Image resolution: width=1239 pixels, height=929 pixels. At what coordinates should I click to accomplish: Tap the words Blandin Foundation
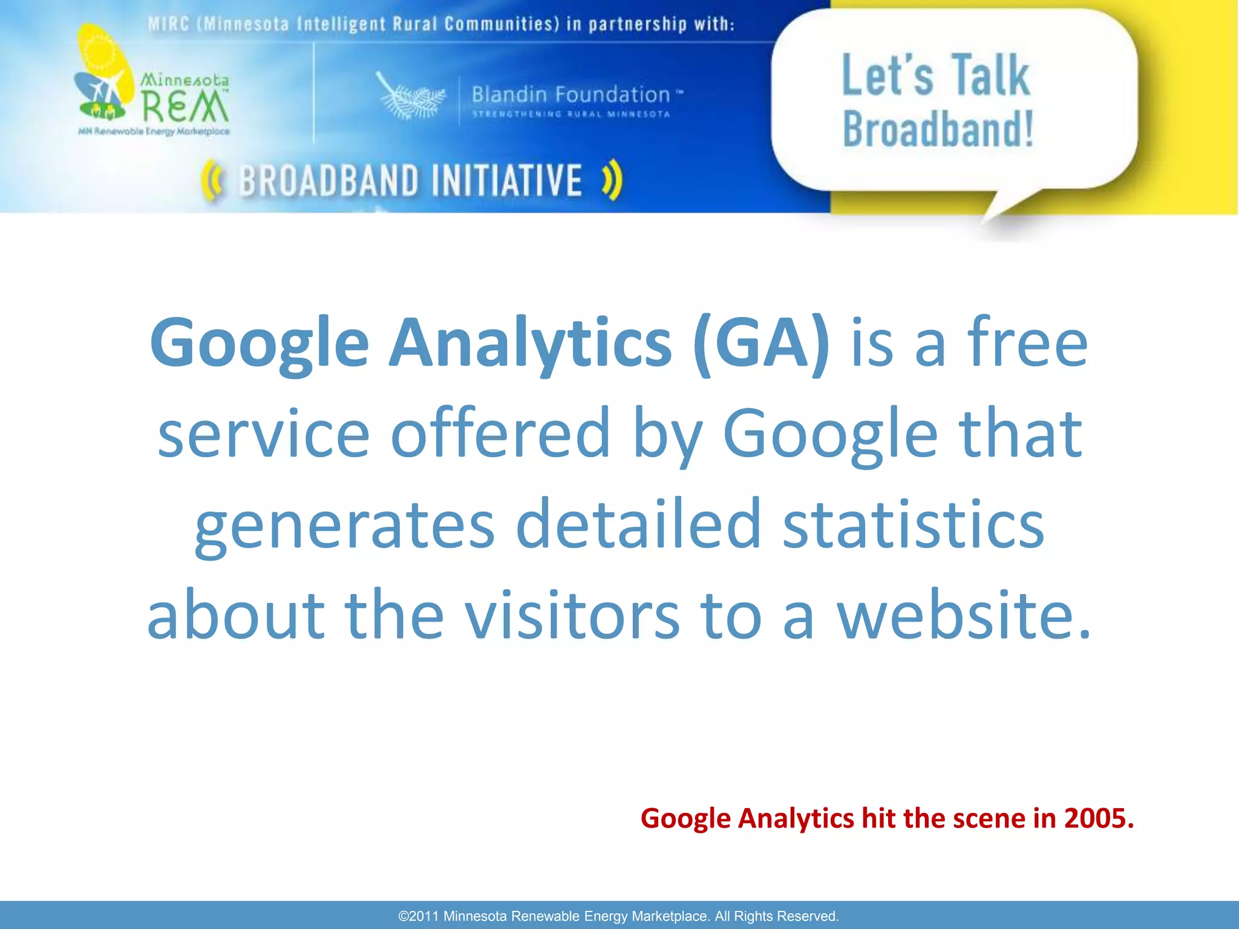[x=570, y=94]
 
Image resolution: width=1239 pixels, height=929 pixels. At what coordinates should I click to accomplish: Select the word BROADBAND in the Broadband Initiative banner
[x=329, y=181]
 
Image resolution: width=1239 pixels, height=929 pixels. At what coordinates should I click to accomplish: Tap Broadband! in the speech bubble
[x=938, y=129]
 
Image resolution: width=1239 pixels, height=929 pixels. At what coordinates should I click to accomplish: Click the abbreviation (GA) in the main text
[x=762, y=344]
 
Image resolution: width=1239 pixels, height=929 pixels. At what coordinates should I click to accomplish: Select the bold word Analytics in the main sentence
[x=530, y=344]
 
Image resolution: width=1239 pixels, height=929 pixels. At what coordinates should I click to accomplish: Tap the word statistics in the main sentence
[x=913, y=524]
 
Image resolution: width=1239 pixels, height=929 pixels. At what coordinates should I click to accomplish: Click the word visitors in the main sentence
[x=572, y=614]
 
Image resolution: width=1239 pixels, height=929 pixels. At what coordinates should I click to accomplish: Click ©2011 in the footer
[x=418, y=916]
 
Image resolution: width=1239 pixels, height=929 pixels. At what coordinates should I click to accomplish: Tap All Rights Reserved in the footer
[x=777, y=916]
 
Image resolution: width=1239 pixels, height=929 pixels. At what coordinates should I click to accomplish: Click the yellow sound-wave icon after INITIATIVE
[x=612, y=180]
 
